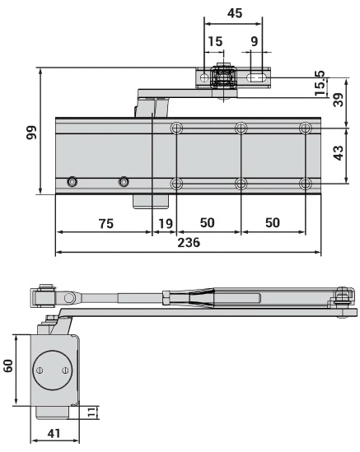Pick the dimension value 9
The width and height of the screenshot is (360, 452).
[255, 41]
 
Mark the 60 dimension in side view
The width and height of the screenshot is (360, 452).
[9, 365]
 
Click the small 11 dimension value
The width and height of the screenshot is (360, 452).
[92, 411]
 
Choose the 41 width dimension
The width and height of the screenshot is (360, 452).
[53, 432]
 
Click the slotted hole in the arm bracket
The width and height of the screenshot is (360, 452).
[256, 77]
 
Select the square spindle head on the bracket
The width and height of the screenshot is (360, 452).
[222, 78]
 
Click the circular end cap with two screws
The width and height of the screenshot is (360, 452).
[52, 370]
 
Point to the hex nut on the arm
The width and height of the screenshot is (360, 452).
[167, 296]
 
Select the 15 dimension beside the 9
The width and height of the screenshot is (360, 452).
[215, 41]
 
